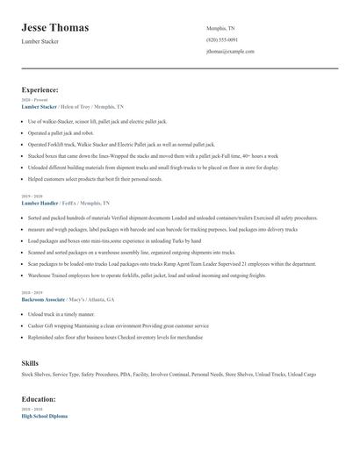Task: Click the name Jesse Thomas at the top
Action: [54, 28]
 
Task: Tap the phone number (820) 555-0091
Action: [221, 40]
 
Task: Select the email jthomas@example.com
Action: [230, 52]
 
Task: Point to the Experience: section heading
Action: [40, 89]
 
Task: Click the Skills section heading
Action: [30, 361]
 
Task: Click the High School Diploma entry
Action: [44, 416]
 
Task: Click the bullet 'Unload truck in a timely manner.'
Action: [61, 313]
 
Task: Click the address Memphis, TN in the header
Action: [221, 28]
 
